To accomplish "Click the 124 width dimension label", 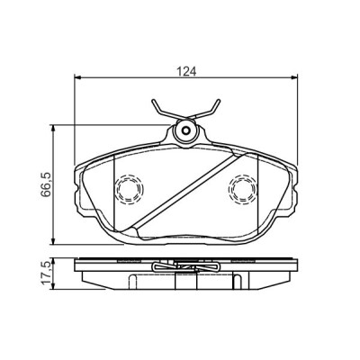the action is point(186,71).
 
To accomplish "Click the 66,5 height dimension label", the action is point(46,184).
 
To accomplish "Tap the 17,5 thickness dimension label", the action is point(46,273).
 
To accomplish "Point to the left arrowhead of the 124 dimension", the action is point(78,77).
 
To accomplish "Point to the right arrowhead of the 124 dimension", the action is point(294,77).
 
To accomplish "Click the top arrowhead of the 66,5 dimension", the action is point(53,129).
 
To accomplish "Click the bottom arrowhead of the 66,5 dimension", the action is point(53,241).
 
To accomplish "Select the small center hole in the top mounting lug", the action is point(186,130).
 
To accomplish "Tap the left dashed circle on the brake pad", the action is point(130,190).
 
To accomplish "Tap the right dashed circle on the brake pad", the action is point(243,190).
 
